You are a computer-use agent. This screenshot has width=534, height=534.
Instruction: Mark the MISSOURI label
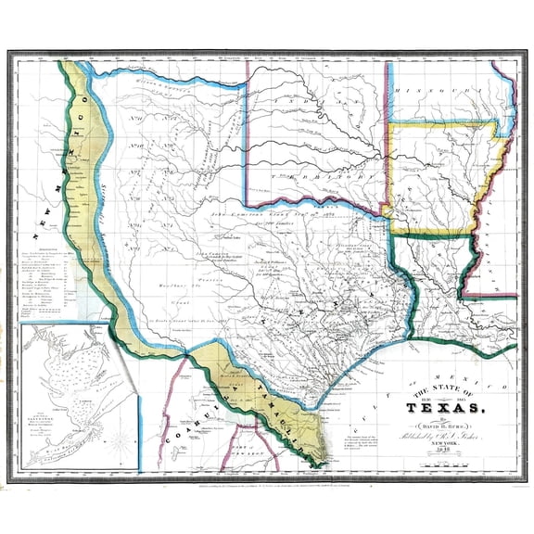[x=436, y=90]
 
